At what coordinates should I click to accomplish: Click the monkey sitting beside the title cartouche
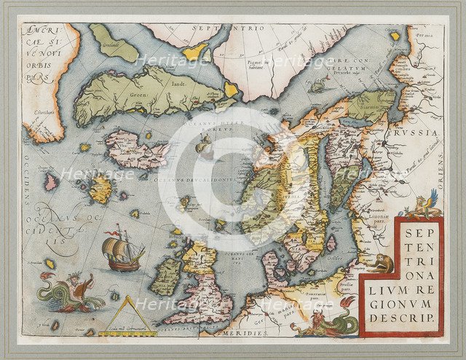coord(379,264)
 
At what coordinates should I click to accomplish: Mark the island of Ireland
coord(167,275)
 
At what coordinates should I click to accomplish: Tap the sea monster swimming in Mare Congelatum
coord(317,86)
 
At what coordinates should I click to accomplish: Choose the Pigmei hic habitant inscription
coord(245,62)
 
